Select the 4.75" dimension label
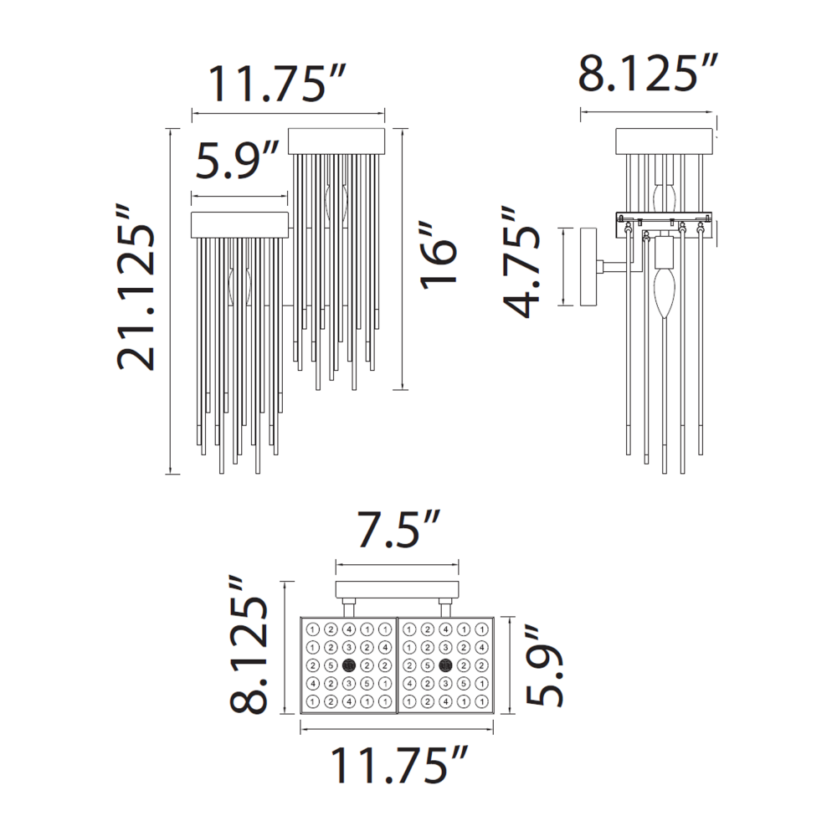pyautogui.click(x=521, y=262)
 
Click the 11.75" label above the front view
pyautogui.click(x=278, y=84)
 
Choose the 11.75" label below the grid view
pyautogui.click(x=399, y=765)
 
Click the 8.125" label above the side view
pyautogui.click(x=648, y=72)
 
